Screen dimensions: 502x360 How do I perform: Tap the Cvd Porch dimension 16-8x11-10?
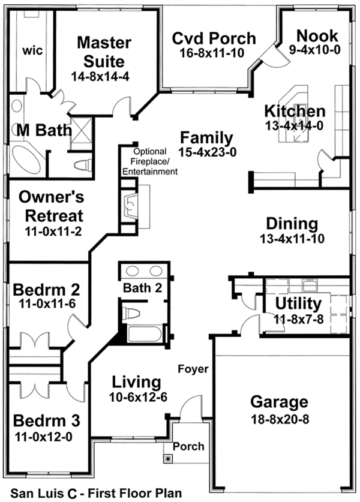pos(214,53)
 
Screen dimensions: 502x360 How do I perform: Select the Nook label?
pos(317,35)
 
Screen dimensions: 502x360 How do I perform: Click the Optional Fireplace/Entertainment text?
pos(149,161)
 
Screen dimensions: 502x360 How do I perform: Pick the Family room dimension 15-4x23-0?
pos(208,152)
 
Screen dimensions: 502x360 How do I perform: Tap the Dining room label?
pos(292,224)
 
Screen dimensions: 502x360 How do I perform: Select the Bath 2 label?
pos(142,288)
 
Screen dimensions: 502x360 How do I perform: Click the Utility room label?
pos(298,304)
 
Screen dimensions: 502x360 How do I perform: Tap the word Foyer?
pos(193,368)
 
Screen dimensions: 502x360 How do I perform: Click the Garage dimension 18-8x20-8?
pos(280,419)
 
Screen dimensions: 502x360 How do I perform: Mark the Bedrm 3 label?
pos(43,419)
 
